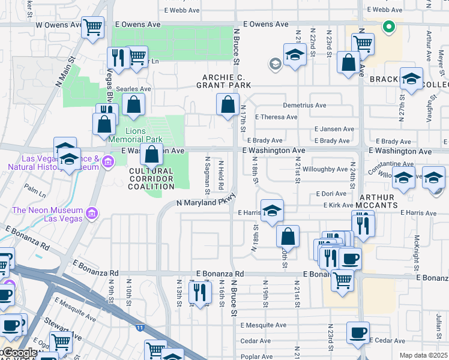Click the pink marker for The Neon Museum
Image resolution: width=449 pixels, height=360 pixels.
click(91, 213)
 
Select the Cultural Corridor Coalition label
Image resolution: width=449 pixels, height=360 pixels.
click(151, 178)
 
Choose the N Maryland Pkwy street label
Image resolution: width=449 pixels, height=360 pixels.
click(204, 203)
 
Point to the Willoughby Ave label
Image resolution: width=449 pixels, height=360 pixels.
click(325, 169)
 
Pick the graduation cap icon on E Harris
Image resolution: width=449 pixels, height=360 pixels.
click(272, 211)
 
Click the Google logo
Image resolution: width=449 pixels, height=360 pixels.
click(20, 353)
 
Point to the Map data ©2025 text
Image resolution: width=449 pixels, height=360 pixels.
click(423, 355)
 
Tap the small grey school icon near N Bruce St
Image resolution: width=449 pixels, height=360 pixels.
click(276, 64)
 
